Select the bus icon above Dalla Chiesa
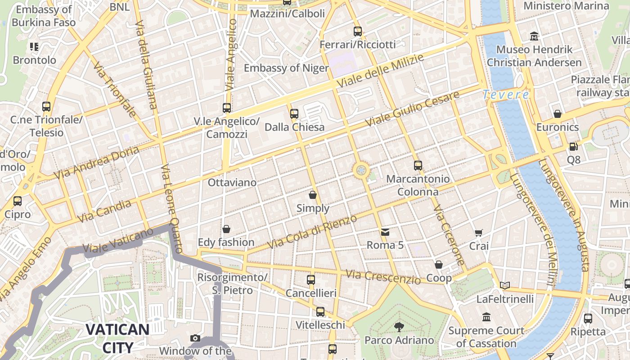click(294, 114)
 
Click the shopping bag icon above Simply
click(313, 195)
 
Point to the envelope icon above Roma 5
click(385, 232)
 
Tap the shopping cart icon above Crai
click(478, 233)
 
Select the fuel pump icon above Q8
click(573, 147)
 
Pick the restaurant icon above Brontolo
click(35, 47)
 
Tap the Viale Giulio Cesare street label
click(412, 109)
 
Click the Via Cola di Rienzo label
click(312, 231)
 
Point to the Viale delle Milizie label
click(380, 72)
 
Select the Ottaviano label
click(232, 183)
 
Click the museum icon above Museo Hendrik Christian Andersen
click(534, 36)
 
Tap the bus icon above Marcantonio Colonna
click(418, 166)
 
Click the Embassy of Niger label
click(286, 68)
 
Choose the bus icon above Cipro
click(18, 201)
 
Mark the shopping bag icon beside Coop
click(439, 265)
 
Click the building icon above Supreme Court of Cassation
click(486, 318)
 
